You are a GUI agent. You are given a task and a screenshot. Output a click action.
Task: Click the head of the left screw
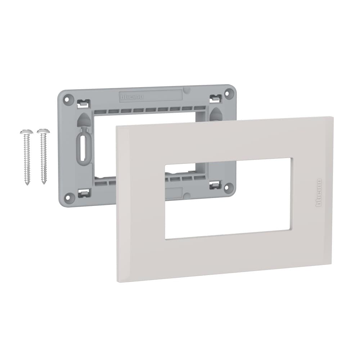pos(26,132)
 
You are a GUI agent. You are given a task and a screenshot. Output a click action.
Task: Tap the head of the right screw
pos(43,131)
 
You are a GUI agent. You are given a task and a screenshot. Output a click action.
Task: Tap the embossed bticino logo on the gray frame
pos(131,97)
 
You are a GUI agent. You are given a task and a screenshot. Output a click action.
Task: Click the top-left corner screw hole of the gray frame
pos(66,98)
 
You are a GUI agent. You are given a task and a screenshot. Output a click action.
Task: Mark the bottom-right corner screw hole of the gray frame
pos(227,188)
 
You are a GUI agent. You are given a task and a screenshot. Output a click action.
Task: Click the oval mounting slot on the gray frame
pos(82,148)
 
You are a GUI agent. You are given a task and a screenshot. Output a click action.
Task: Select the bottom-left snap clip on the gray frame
pos(83,194)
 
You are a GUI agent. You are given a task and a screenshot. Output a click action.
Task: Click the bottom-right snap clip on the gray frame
pos(215,185)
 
